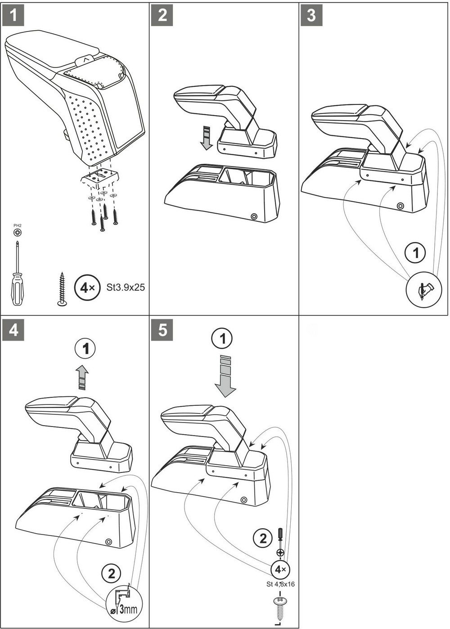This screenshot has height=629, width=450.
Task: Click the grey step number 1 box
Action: pos(13,15)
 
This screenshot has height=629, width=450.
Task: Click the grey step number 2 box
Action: pos(162,15)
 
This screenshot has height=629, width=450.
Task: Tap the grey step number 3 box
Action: pos(311,15)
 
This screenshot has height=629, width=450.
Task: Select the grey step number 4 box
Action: pos(13,330)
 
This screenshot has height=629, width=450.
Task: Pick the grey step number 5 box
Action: pos(162,330)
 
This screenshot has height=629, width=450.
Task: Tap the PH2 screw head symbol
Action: pos(18,233)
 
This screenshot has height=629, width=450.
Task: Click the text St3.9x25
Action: pos(126,287)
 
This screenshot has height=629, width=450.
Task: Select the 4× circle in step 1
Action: pos(87,288)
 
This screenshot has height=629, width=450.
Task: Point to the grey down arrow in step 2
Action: pos(207,138)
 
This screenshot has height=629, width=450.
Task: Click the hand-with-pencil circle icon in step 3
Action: pos(424,289)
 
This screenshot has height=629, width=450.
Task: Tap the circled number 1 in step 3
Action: pos(415,253)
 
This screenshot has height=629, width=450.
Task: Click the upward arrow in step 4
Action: pos(82,377)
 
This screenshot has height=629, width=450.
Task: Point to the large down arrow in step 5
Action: pos(225,376)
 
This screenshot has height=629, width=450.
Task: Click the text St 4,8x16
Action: pos(280,584)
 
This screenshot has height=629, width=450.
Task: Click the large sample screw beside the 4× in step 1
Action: pos(62,289)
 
